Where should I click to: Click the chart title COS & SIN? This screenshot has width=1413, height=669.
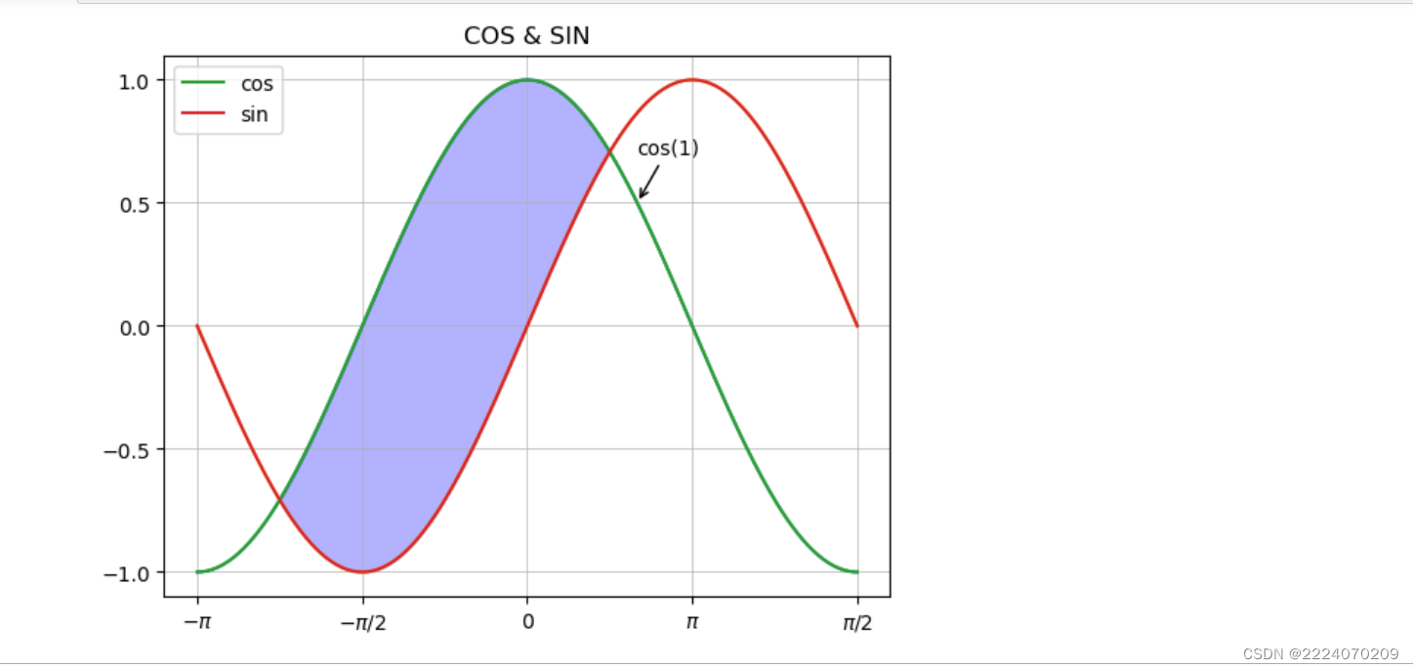(526, 36)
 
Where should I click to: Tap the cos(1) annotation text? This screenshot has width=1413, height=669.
(668, 148)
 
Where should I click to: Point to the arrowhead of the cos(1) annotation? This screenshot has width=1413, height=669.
(641, 197)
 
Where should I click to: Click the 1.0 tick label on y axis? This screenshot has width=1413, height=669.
(134, 81)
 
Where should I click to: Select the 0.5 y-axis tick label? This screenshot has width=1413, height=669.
(134, 204)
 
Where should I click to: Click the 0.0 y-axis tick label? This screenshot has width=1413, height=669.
(134, 327)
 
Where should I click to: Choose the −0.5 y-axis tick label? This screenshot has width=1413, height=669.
(128, 450)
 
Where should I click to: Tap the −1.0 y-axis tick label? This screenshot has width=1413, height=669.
(128, 573)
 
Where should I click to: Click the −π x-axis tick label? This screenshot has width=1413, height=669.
(197, 622)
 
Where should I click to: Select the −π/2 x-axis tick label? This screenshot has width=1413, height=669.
(362, 622)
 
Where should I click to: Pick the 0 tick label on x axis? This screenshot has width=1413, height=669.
(527, 622)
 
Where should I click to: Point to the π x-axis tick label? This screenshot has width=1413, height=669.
(692, 622)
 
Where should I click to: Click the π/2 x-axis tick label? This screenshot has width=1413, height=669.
(857, 622)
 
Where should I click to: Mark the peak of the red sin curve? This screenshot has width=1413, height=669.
(692, 80)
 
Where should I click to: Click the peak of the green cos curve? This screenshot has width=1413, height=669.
(527, 80)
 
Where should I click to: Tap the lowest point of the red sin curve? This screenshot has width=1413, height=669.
(362, 571)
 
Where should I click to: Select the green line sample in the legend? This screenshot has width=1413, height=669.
(203, 84)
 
